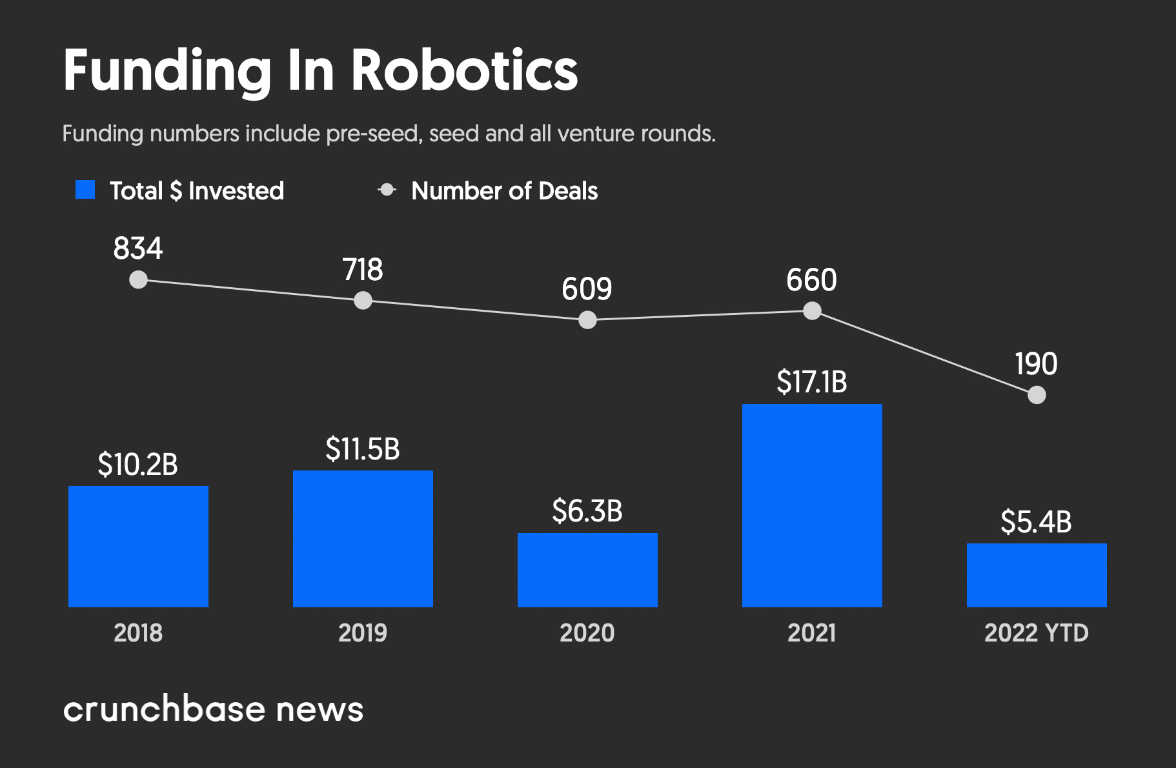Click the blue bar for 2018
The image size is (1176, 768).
coord(138,546)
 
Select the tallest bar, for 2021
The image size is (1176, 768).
coord(812,505)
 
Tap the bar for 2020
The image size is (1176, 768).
coord(587,570)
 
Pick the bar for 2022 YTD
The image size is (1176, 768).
coord(1037,575)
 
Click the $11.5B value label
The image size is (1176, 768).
coord(363,449)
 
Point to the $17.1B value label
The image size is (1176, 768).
coord(812,382)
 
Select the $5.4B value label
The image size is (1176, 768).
coord(1036,522)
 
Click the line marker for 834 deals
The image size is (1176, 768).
coord(138,279)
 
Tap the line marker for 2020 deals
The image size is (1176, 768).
coord(587,319)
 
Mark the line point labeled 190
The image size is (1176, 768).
coord(1037,394)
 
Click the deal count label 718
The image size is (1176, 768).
coord(363,270)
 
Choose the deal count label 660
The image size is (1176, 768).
coord(811,280)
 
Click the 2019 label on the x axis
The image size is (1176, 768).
coord(363,632)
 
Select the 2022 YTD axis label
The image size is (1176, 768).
coord(1036,632)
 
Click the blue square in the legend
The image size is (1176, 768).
coord(85,190)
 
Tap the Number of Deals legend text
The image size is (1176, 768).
coord(504,191)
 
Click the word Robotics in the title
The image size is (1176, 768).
coord(464,70)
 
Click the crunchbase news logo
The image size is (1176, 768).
coord(213,709)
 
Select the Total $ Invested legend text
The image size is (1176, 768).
coord(197,191)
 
